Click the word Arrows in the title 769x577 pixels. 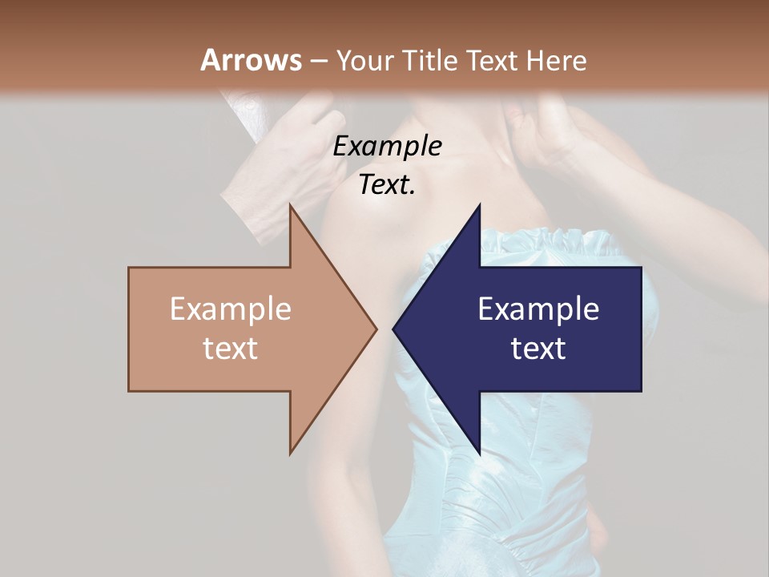[251, 60]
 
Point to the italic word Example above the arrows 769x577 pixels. [387, 147]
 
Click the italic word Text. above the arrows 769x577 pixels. [387, 185]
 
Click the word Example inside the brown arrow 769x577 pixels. [230, 309]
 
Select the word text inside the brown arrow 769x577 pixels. [230, 349]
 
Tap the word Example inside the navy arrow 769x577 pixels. [538, 309]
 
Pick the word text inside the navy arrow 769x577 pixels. [538, 349]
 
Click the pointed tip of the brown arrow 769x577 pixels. [376, 329]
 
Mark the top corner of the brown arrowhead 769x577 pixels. [291, 207]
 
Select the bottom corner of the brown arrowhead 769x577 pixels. [291, 452]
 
